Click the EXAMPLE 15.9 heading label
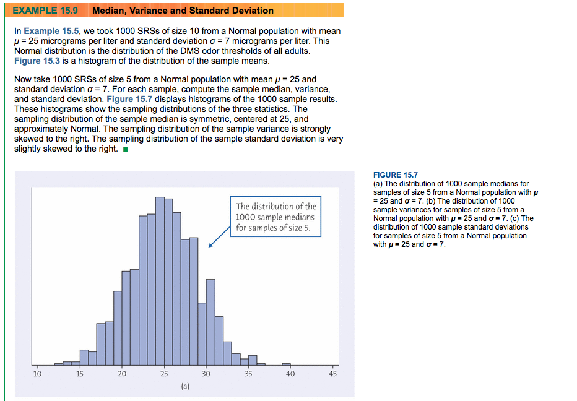(x=45, y=11)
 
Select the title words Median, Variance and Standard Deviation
(x=183, y=11)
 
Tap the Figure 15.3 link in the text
(x=38, y=61)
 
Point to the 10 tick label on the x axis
(x=37, y=374)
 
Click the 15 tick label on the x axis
(x=80, y=374)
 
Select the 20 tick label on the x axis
(x=122, y=374)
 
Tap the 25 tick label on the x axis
(x=164, y=374)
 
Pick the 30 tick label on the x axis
(x=206, y=374)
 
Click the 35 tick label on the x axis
(x=248, y=374)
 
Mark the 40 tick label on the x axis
(x=290, y=374)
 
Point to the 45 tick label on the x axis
(x=332, y=374)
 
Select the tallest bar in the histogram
(x=160, y=278)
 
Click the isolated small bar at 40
(x=286, y=364)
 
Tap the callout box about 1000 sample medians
(x=275, y=217)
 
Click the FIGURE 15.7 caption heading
(x=396, y=175)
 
